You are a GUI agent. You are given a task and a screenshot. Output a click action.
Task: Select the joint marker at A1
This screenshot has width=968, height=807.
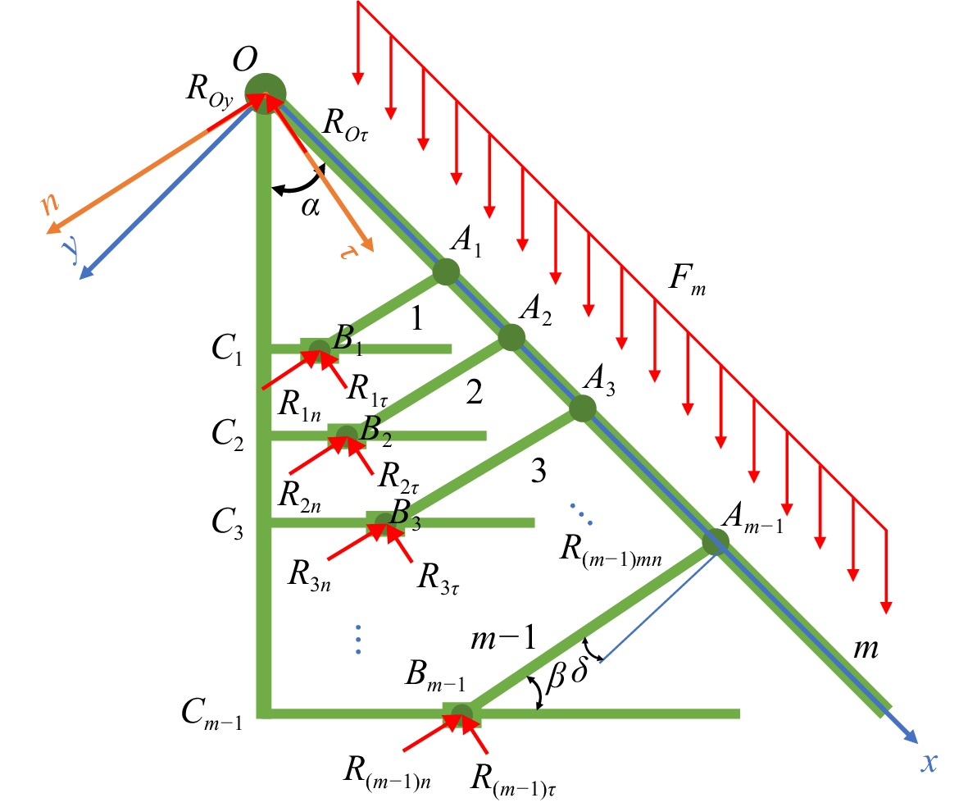point(446,271)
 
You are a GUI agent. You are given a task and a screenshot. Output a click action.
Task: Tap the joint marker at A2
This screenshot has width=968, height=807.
point(511,337)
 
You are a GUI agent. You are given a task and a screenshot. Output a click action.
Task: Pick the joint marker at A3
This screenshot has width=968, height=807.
point(582,408)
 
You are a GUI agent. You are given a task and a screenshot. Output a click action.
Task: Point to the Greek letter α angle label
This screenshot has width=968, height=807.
point(311,207)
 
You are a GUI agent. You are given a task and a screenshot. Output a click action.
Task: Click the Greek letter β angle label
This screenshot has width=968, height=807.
point(557,676)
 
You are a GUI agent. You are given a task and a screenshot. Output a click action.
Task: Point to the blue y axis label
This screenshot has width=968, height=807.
point(72,249)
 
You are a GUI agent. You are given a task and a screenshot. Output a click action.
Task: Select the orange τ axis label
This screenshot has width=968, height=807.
point(349,252)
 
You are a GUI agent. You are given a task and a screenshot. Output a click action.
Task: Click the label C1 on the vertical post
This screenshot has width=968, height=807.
point(227,349)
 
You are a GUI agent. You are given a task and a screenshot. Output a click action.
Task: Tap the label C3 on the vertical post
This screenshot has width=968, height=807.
point(227,524)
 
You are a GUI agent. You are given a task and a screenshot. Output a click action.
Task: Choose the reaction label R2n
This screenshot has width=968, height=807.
point(299,496)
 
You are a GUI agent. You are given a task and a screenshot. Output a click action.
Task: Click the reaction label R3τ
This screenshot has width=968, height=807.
point(439,578)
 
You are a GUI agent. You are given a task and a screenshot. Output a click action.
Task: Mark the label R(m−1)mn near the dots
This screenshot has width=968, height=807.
point(611,550)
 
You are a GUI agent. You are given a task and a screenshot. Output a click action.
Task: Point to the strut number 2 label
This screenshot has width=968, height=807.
point(474,392)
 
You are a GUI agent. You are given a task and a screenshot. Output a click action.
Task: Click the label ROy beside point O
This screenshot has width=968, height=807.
point(210,91)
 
